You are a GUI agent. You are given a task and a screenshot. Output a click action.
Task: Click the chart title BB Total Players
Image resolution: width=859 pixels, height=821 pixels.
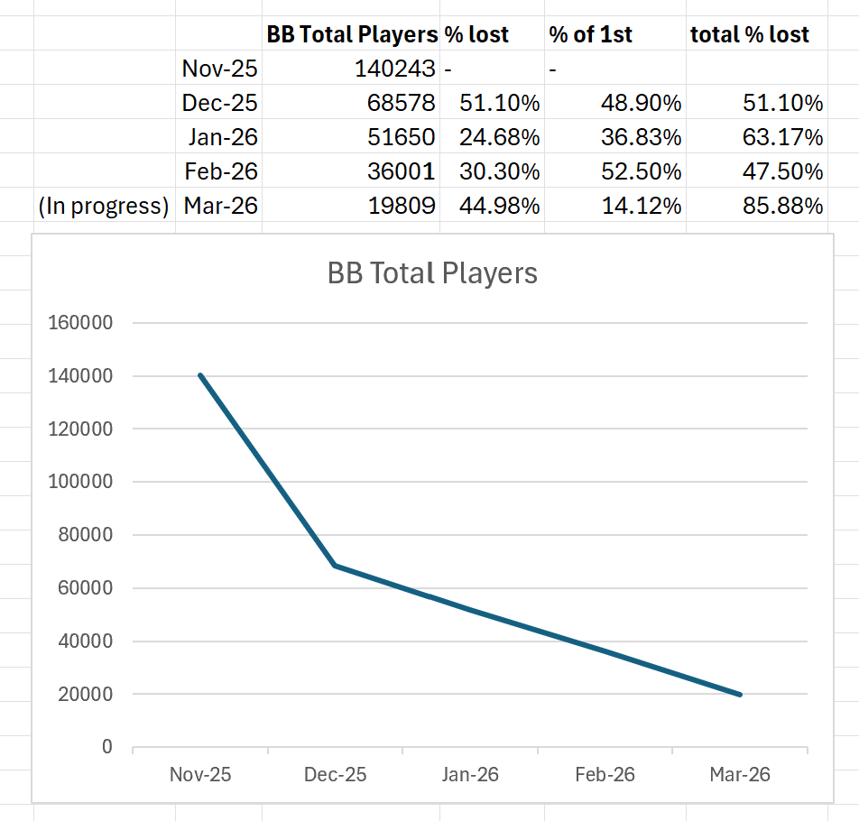click(x=432, y=273)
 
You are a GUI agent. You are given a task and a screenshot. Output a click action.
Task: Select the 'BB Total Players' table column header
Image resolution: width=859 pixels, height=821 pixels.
click(x=352, y=35)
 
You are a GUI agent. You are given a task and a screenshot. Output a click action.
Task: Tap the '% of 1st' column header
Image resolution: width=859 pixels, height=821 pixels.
click(x=591, y=35)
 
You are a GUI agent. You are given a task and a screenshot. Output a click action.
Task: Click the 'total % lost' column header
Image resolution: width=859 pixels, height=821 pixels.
click(x=750, y=35)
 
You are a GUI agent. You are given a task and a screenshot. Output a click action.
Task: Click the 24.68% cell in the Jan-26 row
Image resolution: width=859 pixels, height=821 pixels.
click(x=499, y=137)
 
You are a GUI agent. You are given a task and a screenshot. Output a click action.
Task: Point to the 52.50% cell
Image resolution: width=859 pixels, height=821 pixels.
click(x=642, y=171)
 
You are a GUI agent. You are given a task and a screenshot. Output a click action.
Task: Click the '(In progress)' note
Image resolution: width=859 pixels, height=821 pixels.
click(x=104, y=206)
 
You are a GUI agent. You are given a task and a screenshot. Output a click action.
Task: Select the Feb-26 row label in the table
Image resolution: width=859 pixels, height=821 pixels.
click(x=220, y=171)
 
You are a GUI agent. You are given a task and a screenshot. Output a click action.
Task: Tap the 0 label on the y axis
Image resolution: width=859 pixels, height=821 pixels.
click(x=107, y=747)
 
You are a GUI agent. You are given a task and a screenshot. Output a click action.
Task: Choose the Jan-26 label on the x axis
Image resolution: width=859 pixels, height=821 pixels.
click(x=470, y=775)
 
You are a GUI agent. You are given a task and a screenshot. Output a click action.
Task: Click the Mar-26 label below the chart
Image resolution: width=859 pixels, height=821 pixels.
click(x=740, y=775)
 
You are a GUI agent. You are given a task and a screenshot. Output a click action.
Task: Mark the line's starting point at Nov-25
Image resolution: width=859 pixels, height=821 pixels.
click(x=200, y=375)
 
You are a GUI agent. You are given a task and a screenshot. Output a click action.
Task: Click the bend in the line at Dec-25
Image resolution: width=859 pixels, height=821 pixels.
click(x=336, y=566)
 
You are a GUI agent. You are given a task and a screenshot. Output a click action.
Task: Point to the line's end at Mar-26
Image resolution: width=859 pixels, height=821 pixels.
click(x=740, y=695)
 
